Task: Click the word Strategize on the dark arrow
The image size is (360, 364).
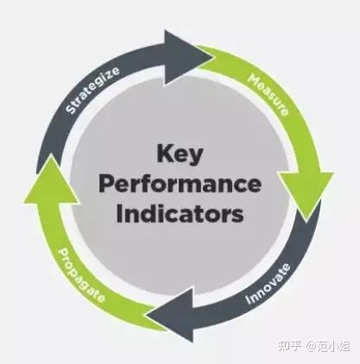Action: (92, 90)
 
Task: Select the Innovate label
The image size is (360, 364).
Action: (268, 284)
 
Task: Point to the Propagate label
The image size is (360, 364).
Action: (81, 275)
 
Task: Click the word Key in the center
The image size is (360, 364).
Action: (180, 154)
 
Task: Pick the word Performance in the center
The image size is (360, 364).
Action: (180, 185)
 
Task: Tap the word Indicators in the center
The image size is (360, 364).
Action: (180, 214)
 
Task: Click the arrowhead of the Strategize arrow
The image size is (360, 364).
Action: (188, 58)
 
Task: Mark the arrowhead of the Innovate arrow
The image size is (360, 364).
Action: (170, 315)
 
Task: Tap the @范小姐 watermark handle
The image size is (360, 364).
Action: (327, 346)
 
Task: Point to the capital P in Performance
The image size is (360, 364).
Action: (106, 184)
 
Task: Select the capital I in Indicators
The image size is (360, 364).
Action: (119, 213)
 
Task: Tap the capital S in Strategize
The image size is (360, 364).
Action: (70, 109)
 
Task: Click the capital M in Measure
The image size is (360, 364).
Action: (254, 79)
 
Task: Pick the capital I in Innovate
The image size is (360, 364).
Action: (248, 300)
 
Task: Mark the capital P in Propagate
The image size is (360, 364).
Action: (63, 254)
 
